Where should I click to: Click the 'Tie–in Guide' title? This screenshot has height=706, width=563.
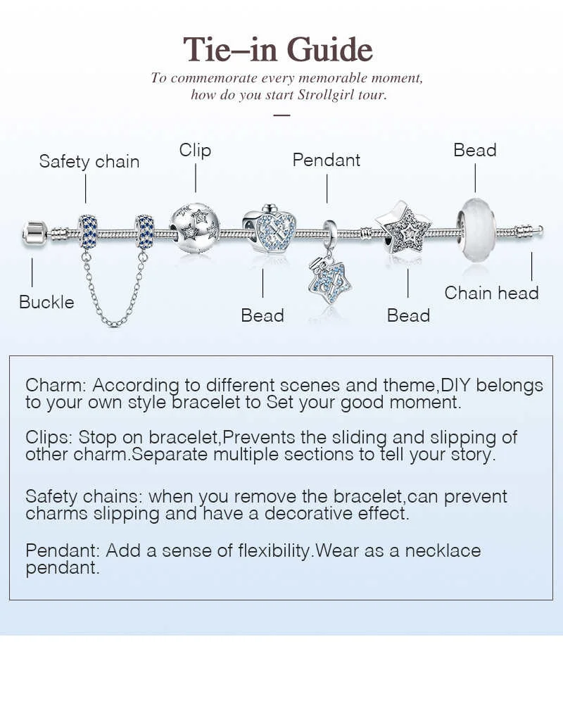(x=278, y=49)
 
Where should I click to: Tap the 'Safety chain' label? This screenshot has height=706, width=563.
(x=89, y=161)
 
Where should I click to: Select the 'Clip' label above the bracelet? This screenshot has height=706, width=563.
(x=195, y=150)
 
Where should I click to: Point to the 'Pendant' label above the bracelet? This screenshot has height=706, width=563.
(x=326, y=160)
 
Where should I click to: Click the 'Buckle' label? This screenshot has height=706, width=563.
(x=46, y=302)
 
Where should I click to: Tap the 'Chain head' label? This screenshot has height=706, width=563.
(x=491, y=293)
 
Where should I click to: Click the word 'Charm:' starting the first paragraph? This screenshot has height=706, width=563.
(x=56, y=386)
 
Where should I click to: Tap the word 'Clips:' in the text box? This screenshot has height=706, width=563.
(x=49, y=437)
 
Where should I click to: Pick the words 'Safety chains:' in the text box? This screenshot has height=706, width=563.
(x=84, y=496)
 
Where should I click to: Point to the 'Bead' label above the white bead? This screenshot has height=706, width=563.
(x=474, y=150)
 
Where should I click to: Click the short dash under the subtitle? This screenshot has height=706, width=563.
(x=281, y=115)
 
